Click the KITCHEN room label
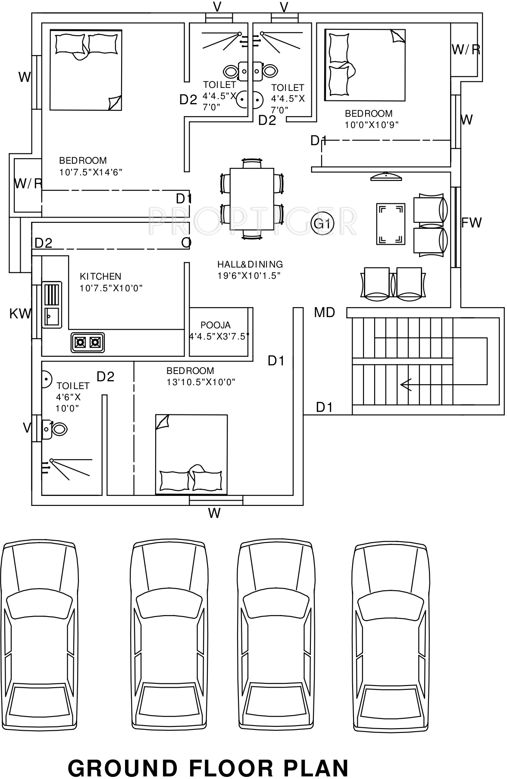click(100, 276)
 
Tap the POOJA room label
click(216, 325)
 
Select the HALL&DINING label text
click(250, 264)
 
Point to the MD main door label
click(324, 312)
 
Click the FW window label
click(471, 223)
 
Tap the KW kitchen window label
click(20, 314)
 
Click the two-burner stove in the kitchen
click(88, 343)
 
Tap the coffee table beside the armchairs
click(391, 224)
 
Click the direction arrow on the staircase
click(405, 384)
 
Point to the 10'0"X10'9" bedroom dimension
click(371, 125)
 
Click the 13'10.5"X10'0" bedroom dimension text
click(201, 382)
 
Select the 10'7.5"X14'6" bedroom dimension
click(91, 172)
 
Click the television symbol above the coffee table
click(386, 176)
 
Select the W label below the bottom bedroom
click(214, 513)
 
